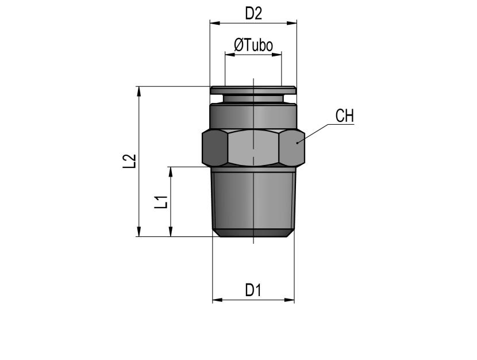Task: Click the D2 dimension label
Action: (x=253, y=14)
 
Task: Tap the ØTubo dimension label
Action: (x=253, y=45)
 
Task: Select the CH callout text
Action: (x=345, y=116)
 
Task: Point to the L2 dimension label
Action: (x=129, y=161)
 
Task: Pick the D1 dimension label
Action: (x=253, y=290)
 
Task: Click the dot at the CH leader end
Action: (x=297, y=143)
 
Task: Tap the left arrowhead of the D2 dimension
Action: (x=215, y=23)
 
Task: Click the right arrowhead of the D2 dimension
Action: (x=292, y=23)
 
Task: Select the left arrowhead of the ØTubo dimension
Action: (x=230, y=55)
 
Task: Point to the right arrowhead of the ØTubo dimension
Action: (x=276, y=55)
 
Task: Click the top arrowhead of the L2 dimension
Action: (x=139, y=91)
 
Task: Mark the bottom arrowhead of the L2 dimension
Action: (x=139, y=231)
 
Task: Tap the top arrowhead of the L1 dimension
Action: (x=171, y=171)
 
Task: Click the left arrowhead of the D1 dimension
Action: (x=217, y=300)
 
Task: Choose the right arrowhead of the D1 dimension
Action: (x=290, y=300)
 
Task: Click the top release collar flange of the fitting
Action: (x=253, y=90)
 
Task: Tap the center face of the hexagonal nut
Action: (x=253, y=148)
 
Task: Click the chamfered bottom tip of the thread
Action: (x=253, y=233)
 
